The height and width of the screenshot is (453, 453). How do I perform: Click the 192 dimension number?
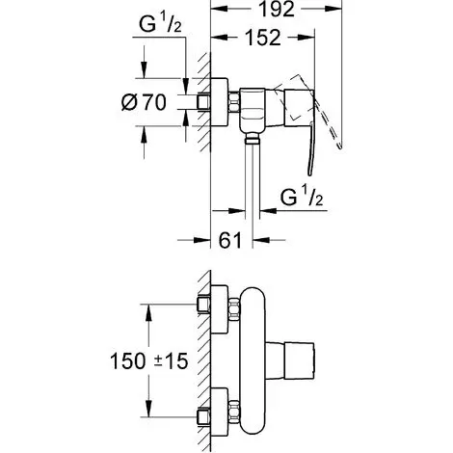[277, 10]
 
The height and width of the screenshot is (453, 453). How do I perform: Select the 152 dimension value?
[263, 38]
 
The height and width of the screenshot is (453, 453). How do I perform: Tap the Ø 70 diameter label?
[144, 102]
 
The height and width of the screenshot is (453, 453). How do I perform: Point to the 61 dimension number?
[229, 240]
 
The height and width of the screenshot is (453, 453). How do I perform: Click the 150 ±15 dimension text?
[149, 360]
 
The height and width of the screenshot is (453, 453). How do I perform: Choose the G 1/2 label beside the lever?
[302, 197]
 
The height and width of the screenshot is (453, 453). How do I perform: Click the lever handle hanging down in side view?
[310, 148]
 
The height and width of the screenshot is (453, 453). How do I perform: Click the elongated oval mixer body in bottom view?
[253, 360]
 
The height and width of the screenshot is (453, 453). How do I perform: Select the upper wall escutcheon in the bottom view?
[220, 309]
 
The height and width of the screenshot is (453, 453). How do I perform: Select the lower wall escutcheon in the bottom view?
[220, 412]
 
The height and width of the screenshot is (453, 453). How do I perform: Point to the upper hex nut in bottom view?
[234, 309]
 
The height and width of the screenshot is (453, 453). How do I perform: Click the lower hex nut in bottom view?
[234, 412]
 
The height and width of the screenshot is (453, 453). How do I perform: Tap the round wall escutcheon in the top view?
[219, 102]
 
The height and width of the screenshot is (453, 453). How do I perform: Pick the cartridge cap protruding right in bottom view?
[290, 360]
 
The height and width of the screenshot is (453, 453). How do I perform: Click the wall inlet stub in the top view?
[203, 102]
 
